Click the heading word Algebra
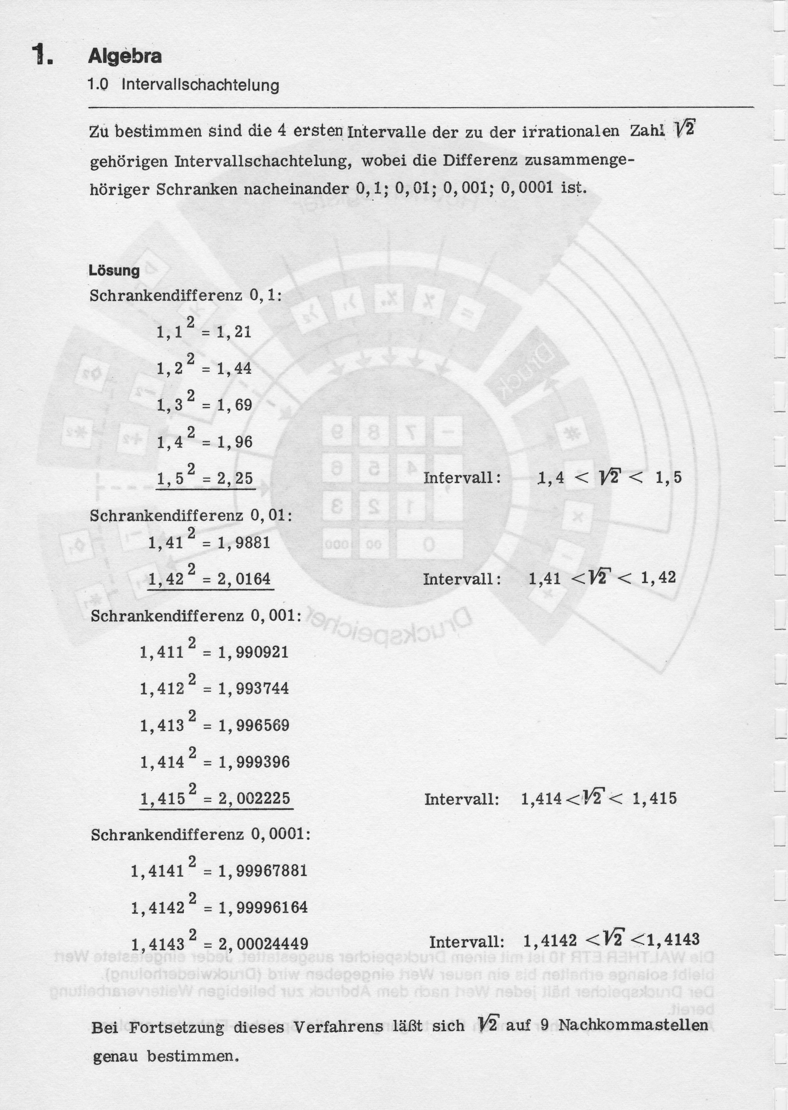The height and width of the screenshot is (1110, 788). pyautogui.click(x=125, y=56)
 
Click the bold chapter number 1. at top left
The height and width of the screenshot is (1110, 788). pyautogui.click(x=43, y=55)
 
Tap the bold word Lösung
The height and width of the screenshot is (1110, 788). pyautogui.click(x=114, y=270)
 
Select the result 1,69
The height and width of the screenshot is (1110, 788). pyautogui.click(x=234, y=405)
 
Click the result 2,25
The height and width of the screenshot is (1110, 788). pyautogui.click(x=235, y=478)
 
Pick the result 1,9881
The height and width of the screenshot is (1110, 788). pyautogui.click(x=243, y=543)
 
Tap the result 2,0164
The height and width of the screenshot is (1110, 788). pyautogui.click(x=244, y=579)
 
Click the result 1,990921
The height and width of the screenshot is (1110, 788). pyautogui.click(x=253, y=652)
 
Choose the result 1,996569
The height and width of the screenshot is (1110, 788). pyautogui.click(x=254, y=726)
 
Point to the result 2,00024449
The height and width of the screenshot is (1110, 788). pyautogui.click(x=263, y=944)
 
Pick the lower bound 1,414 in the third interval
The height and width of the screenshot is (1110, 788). pyautogui.click(x=541, y=799)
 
